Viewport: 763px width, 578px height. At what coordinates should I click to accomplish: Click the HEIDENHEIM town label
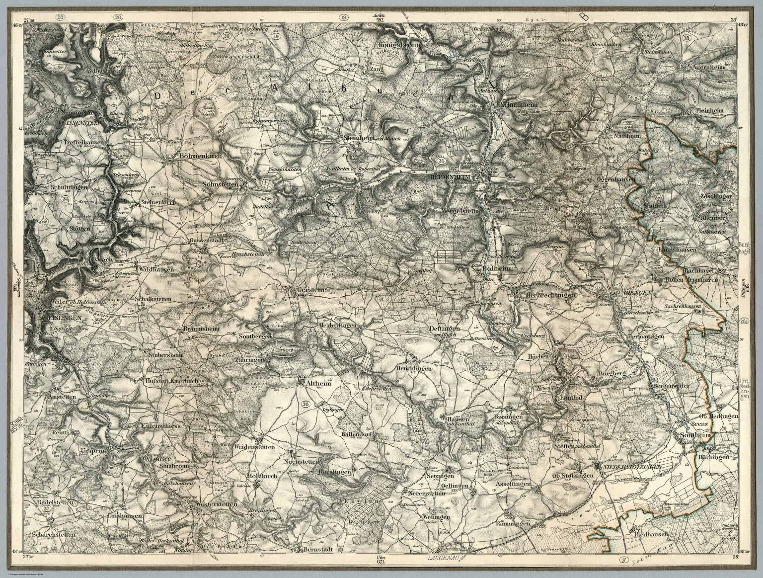tap(450, 177)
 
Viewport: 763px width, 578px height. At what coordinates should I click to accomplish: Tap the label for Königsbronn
tap(399, 45)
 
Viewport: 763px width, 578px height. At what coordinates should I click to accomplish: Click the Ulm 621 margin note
tap(381, 559)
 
